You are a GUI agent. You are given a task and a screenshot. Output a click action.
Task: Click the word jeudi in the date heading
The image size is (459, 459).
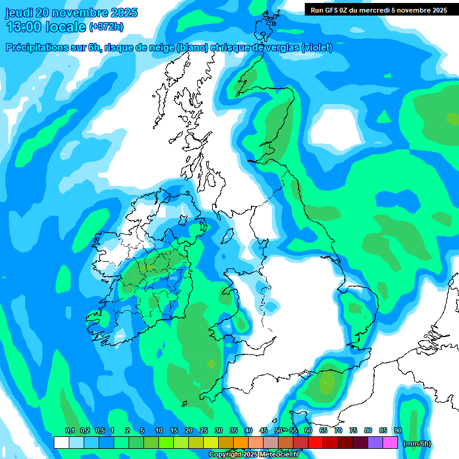pos(21,13)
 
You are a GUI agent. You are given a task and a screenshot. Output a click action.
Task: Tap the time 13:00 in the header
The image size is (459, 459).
pos(26,27)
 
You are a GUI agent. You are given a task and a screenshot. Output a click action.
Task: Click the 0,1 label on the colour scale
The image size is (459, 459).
pos(69,431)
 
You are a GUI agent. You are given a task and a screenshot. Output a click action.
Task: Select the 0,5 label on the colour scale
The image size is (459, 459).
pos(99,431)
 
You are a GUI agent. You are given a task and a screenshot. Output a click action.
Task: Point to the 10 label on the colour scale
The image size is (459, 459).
pos(158,431)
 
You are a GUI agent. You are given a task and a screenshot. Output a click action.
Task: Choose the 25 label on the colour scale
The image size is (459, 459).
pos(203,431)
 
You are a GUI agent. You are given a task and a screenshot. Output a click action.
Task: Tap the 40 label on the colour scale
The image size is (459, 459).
pos(248,431)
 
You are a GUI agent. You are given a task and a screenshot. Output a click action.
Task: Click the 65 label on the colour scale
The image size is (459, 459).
pos(323,431)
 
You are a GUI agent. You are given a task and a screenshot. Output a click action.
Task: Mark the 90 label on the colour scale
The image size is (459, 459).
pos(397,431)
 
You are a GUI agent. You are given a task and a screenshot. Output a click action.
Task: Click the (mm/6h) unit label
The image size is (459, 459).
pos(417,443)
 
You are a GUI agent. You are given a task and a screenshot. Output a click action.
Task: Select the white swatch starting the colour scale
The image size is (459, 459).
pos(61,443)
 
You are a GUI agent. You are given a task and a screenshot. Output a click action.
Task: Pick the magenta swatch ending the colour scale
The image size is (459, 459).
pos(390,443)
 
